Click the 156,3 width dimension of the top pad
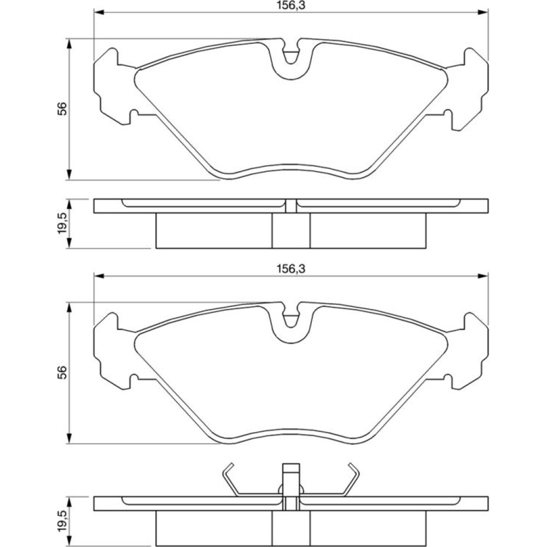[x=291, y=5]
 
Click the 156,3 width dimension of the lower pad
[x=291, y=269]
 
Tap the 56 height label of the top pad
[x=62, y=109]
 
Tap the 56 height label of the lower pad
[x=62, y=373]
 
